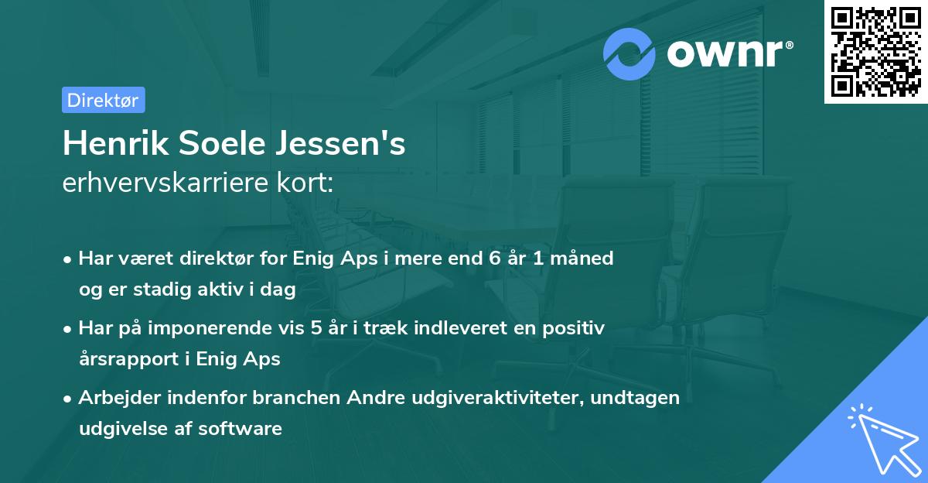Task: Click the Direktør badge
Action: [103, 100]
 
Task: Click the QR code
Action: [875, 52]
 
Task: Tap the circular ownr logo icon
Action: [630, 54]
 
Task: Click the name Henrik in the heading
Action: [115, 144]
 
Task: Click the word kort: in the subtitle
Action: [308, 184]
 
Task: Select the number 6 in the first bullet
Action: [494, 259]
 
